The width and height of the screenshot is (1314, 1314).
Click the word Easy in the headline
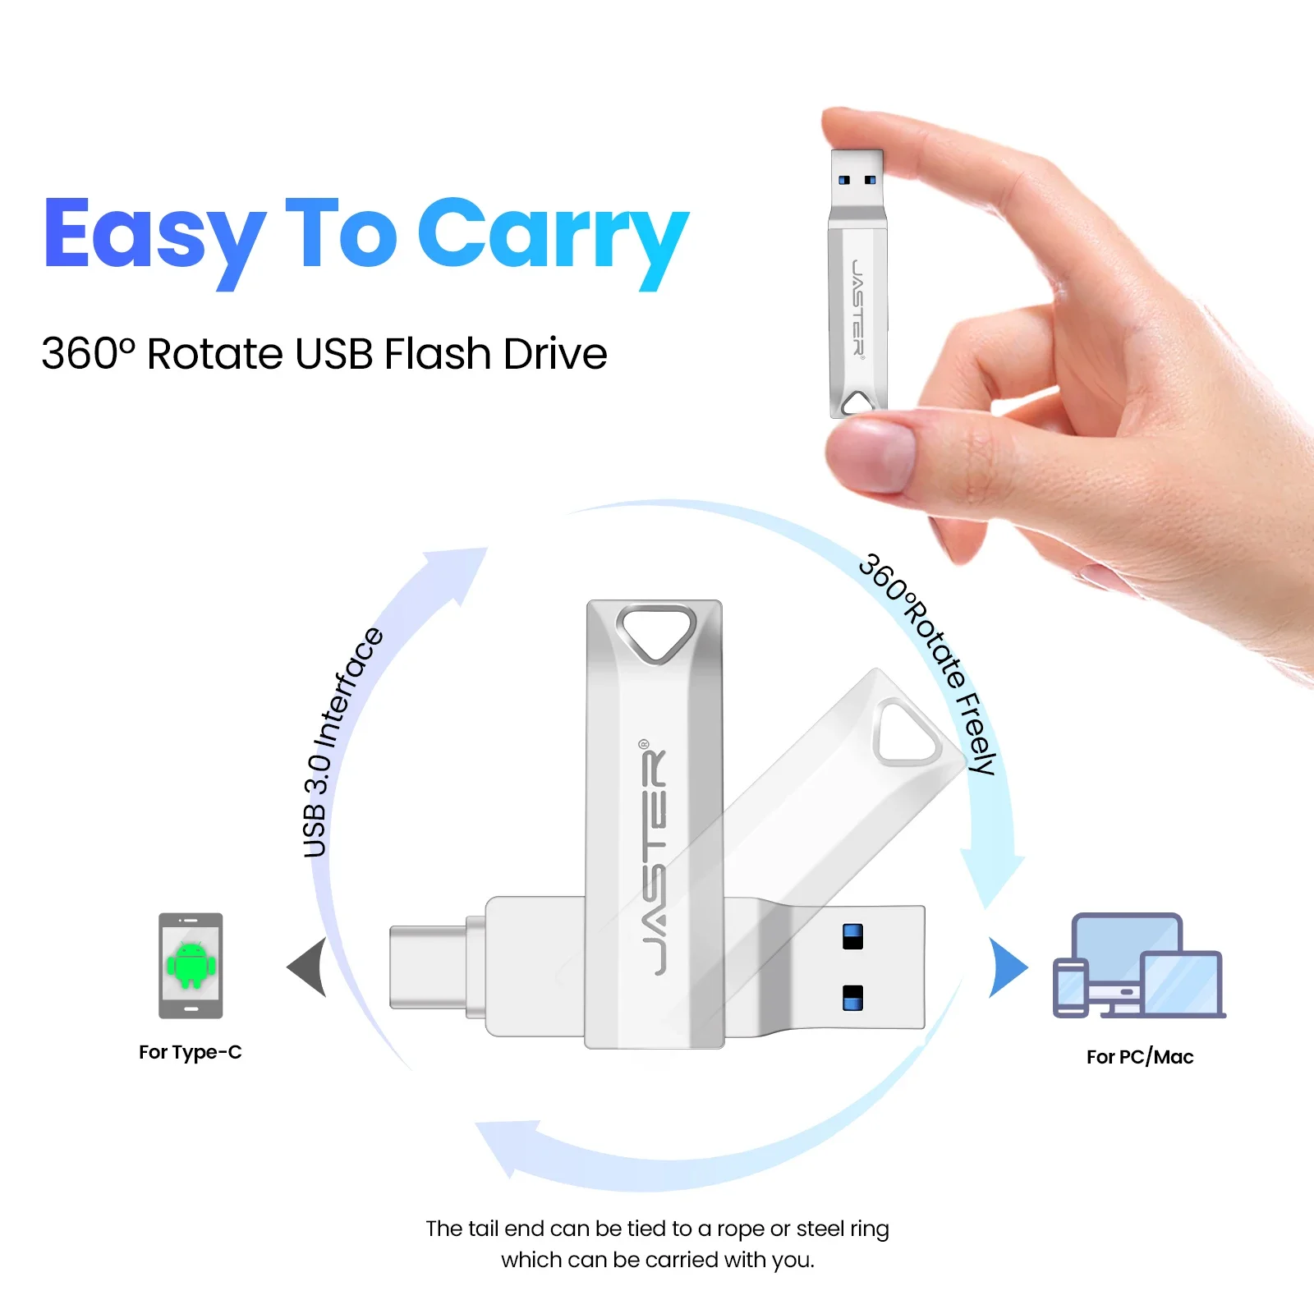154,236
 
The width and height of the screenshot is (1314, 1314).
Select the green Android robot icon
191,964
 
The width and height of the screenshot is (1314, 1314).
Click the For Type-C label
190,1052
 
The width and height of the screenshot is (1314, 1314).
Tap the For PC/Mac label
1139,1057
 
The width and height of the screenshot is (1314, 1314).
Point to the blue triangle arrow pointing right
1007,967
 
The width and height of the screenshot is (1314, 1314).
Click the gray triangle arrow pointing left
309,967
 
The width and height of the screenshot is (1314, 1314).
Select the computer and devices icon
1139,967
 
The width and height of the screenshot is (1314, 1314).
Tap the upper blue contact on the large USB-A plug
852,936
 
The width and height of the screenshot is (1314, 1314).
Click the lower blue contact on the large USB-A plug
852,997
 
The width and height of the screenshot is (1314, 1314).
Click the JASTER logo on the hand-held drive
857,307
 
